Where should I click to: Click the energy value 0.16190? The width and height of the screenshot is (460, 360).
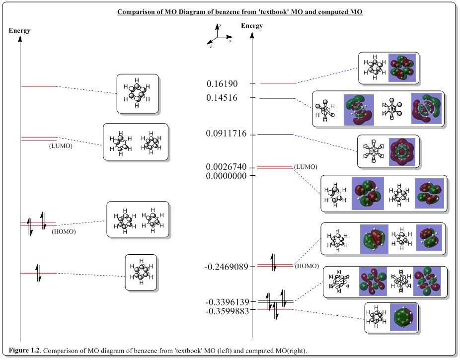point(223,84)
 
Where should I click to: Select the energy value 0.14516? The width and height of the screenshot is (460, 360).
point(223,98)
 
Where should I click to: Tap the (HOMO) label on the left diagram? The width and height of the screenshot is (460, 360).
point(64,231)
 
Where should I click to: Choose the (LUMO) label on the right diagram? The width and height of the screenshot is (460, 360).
point(306,166)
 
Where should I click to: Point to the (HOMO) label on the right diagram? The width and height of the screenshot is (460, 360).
point(307,266)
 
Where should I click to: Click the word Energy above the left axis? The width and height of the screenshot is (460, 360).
point(19,31)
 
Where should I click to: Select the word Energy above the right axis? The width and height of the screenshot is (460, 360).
point(252,26)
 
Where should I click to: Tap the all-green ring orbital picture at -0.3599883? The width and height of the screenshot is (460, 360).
point(403,317)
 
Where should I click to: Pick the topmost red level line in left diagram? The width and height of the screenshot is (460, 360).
point(39,86)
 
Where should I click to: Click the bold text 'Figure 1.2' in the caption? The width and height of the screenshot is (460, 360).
point(25,351)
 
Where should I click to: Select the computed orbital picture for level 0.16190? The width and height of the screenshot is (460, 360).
point(401,68)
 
